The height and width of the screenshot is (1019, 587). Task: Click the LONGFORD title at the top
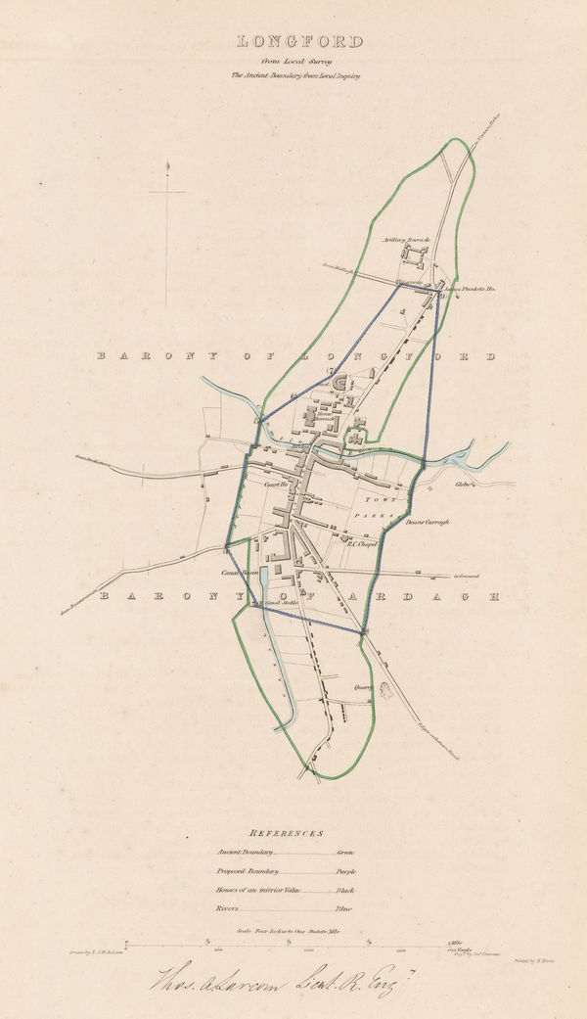(x=298, y=41)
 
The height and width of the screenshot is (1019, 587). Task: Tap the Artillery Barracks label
(x=408, y=238)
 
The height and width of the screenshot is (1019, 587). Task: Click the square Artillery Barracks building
(x=415, y=256)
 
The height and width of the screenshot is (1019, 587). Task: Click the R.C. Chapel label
(x=363, y=546)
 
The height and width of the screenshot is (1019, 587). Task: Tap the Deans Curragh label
(x=427, y=523)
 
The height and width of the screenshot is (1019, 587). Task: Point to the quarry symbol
(x=384, y=689)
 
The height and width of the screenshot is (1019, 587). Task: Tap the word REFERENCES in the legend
(x=286, y=833)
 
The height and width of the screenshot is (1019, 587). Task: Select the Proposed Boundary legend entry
(x=248, y=870)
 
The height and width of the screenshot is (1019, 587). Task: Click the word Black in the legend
(x=345, y=890)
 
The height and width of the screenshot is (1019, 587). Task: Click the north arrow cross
(x=167, y=192)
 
